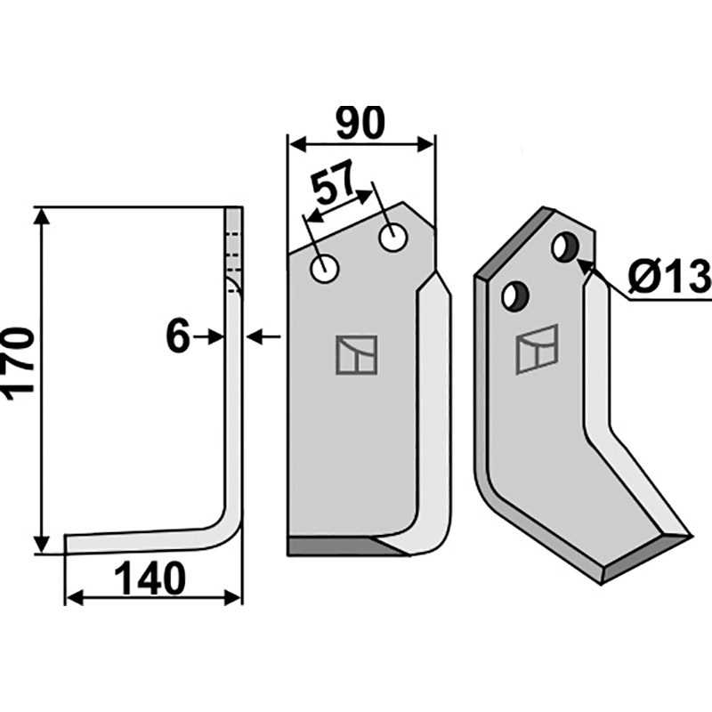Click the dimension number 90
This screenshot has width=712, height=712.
[360, 123]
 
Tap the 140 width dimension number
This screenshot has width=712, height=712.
[150, 579]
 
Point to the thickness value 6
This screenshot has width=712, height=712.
[177, 336]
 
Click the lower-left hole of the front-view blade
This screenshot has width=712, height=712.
[324, 270]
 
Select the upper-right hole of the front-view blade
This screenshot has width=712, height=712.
[393, 238]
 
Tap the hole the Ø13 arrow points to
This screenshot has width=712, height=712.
[565, 247]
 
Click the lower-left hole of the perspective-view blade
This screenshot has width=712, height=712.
[515, 296]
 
